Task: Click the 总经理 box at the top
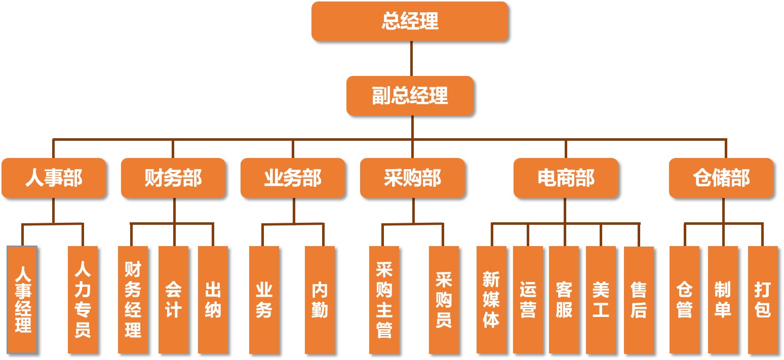pyautogui.click(x=410, y=21)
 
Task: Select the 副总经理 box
pyautogui.click(x=410, y=96)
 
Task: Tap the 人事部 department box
pyautogui.click(x=54, y=178)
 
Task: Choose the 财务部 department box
pyautogui.click(x=173, y=178)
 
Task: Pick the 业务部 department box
pyautogui.click(x=293, y=178)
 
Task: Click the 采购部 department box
pyautogui.click(x=412, y=178)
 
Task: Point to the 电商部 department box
pyautogui.click(x=566, y=178)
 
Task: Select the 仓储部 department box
pyautogui.click(x=721, y=178)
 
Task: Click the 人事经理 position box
pyautogui.click(x=22, y=299)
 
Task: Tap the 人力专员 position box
pyautogui.click(x=83, y=299)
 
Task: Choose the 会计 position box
pyautogui.click(x=173, y=299)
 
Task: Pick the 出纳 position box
pyautogui.click(x=213, y=299)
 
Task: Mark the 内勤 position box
pyautogui.click(x=320, y=299)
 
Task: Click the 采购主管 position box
pyautogui.click(x=384, y=299)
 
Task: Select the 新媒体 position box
pyautogui.click(x=491, y=299)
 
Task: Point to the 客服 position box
pyautogui.click(x=564, y=299)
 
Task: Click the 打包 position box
pyautogui.click(x=762, y=299)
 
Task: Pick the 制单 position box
pyautogui.click(x=722, y=299)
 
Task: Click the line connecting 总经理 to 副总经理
pyautogui.click(x=411, y=59)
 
